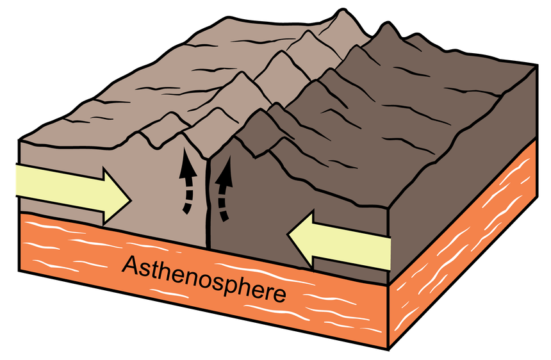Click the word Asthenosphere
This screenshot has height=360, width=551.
(204, 279)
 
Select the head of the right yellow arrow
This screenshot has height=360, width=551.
(300, 239)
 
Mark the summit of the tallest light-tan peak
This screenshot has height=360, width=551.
(341, 10)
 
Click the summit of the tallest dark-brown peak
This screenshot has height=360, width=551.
(387, 23)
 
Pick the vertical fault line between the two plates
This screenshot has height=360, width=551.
(208, 204)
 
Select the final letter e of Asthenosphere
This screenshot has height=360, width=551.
(279, 295)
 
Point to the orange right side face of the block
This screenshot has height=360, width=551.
(463, 246)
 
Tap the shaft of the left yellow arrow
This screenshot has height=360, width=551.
(60, 190)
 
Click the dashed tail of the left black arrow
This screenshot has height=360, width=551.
(187, 197)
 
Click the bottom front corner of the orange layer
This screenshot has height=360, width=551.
(389, 349)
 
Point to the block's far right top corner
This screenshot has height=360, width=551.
(537, 65)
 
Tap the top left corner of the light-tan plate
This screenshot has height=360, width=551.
(19, 140)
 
